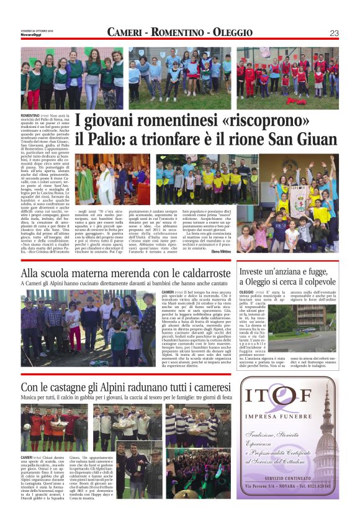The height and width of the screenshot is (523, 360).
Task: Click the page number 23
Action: click(x=334, y=32)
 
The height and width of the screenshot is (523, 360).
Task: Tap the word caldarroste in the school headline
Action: click(x=198, y=273)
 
